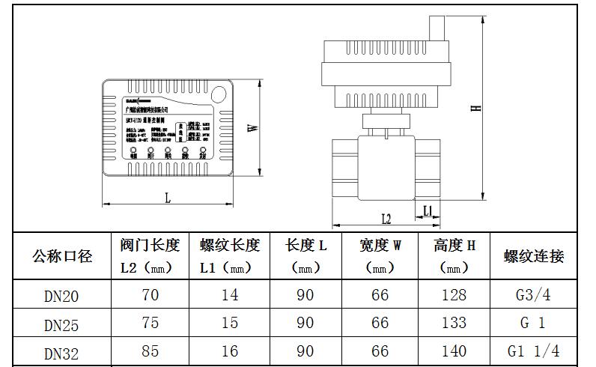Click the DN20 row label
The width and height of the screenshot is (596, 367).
[x=61, y=296]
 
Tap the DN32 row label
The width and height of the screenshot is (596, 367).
[x=61, y=352]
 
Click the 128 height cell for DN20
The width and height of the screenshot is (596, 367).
[x=454, y=294]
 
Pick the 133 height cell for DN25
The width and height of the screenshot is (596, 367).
[x=454, y=323]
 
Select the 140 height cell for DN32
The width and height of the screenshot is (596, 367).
[x=454, y=351]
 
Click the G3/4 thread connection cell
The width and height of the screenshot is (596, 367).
[x=533, y=294]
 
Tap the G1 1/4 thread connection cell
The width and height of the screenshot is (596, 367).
[x=533, y=351]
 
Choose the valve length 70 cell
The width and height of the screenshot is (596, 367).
[x=150, y=294]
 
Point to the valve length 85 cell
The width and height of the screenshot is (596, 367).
[x=150, y=351]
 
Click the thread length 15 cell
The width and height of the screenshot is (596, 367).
[x=230, y=323]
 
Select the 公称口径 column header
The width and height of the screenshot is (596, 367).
[x=62, y=256]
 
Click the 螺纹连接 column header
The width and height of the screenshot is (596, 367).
[x=534, y=256]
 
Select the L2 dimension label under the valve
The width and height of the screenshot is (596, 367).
[x=386, y=219]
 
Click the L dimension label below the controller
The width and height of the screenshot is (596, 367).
[x=168, y=198]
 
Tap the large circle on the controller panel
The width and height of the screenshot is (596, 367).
[x=222, y=94]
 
